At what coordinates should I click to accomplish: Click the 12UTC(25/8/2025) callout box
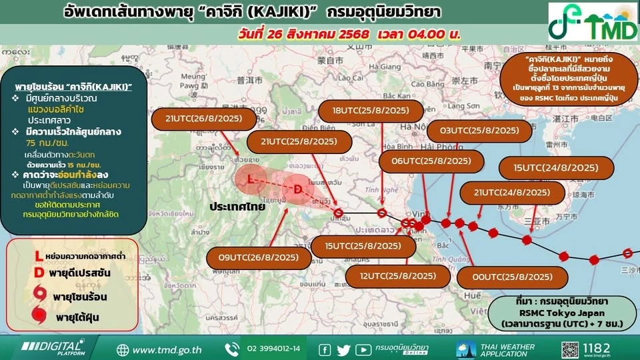(x=398, y=275)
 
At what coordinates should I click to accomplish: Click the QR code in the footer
(x=571, y=349)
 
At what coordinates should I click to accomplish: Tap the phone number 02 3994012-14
(x=273, y=349)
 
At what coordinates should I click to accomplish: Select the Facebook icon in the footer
(x=325, y=349)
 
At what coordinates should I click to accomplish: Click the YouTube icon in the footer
(x=363, y=349)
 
